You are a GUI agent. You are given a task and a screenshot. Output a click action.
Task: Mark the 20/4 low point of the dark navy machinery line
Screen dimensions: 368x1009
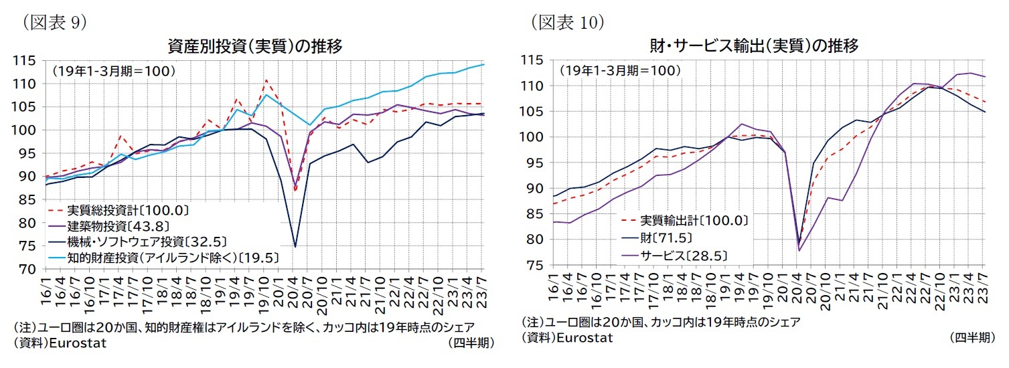295,246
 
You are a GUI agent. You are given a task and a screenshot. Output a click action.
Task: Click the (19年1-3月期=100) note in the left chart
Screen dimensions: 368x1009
114,70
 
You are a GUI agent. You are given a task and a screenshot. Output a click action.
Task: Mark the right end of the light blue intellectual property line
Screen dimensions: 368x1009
484,64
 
